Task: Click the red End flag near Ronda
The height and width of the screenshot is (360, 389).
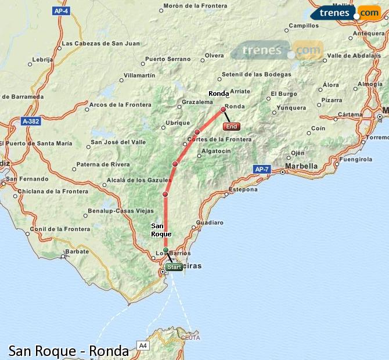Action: pos(231,126)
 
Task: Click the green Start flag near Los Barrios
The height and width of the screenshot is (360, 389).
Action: pos(174,267)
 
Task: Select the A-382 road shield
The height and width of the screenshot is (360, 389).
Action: pos(31,121)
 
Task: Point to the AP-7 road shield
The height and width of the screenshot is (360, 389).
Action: pos(262,169)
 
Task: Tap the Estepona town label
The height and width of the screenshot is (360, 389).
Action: pos(243,189)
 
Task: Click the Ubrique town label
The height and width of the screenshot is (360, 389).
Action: pos(178,123)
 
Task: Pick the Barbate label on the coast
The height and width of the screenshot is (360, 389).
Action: pos(77,251)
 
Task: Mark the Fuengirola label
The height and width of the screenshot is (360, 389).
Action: pos(355,159)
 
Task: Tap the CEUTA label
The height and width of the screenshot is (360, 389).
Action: pos(190,337)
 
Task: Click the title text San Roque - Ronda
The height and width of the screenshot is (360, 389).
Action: pos(69,351)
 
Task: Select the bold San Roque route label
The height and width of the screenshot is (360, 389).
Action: pos(161,230)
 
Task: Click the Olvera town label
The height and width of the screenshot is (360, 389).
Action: pos(214,56)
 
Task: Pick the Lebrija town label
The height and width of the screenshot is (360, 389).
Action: pos(43,59)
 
